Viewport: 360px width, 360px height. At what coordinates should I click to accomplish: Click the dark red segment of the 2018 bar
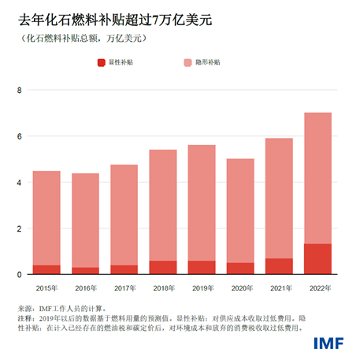[163, 268]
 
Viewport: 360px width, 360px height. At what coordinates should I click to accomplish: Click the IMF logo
[325, 343]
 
